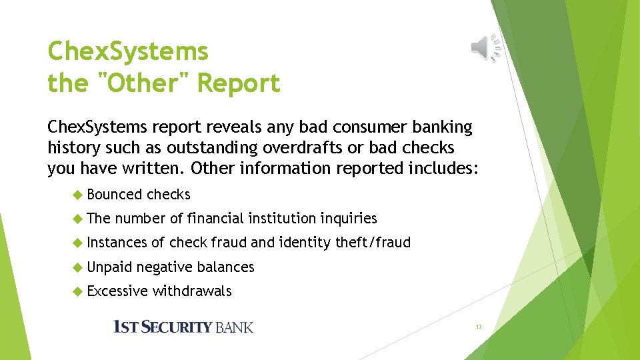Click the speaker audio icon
pyautogui.click(x=486, y=47)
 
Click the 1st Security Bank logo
pyautogui.click(x=183, y=327)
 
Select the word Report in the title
pyautogui.click(x=239, y=84)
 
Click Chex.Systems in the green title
pyautogui.click(x=128, y=51)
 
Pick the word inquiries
pyautogui.click(x=349, y=218)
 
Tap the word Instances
pyautogui.click(x=117, y=243)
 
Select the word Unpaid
pyautogui.click(x=110, y=267)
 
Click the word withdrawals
pyautogui.click(x=192, y=291)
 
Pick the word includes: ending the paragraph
pyautogui.click(x=441, y=168)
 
